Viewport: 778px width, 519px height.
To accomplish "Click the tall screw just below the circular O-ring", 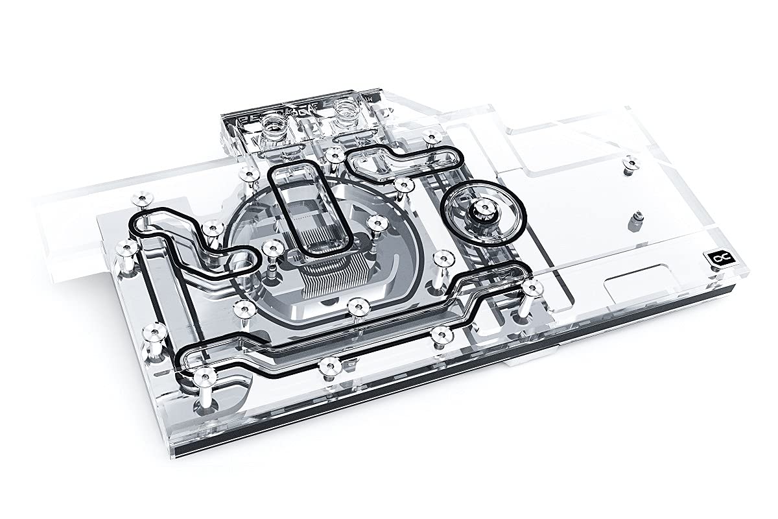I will pos(442,259).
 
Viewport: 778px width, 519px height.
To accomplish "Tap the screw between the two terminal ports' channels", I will pos(333,154).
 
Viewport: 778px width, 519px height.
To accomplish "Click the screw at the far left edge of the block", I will pos(123,247).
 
